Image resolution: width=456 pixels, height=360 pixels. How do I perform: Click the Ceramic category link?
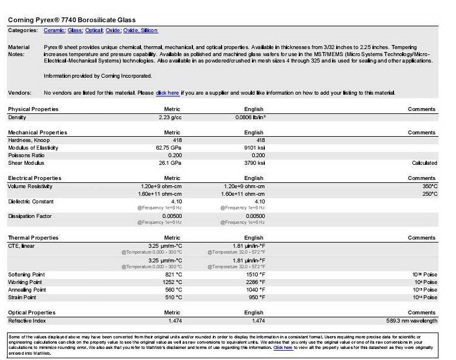click(54, 30)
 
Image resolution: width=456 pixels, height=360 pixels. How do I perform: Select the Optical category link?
click(94, 30)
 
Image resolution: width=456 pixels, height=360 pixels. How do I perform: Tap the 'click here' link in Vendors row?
click(167, 93)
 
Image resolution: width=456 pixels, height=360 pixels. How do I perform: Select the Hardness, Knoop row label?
click(29, 140)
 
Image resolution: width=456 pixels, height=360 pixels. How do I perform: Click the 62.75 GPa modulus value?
click(168, 148)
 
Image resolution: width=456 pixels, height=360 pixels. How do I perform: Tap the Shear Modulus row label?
click(27, 163)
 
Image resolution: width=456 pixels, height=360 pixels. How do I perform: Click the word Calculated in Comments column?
click(424, 163)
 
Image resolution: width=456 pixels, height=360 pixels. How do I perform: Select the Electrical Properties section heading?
click(34, 178)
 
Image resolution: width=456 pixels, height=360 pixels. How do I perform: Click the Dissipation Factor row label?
click(30, 216)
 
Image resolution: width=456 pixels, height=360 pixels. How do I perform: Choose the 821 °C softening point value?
click(174, 274)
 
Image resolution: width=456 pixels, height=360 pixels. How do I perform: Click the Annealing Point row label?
click(27, 289)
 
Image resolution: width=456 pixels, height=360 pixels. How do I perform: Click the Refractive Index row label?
click(27, 320)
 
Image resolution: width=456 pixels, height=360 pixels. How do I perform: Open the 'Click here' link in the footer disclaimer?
click(283, 347)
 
